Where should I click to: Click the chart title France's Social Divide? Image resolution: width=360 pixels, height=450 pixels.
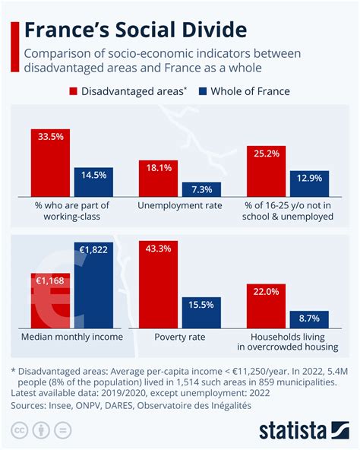(x=135, y=30)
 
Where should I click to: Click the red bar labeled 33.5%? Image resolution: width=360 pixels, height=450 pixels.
(x=50, y=163)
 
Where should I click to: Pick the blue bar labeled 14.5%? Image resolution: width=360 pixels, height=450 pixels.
(x=93, y=182)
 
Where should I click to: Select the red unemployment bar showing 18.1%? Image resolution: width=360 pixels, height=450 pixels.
(x=158, y=179)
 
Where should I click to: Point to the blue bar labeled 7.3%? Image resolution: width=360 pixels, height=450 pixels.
(x=201, y=190)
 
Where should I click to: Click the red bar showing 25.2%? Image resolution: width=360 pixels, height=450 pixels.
(x=267, y=172)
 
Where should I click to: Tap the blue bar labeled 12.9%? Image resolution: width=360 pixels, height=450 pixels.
(x=309, y=184)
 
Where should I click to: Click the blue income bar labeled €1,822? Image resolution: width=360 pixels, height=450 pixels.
(x=93, y=285)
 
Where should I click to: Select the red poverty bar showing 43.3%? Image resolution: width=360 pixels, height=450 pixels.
(x=158, y=284)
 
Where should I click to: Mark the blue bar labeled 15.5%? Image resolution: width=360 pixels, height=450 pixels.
(x=201, y=312)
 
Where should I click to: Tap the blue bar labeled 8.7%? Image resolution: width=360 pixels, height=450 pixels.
(x=309, y=319)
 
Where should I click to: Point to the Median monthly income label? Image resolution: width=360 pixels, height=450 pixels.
(x=71, y=336)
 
